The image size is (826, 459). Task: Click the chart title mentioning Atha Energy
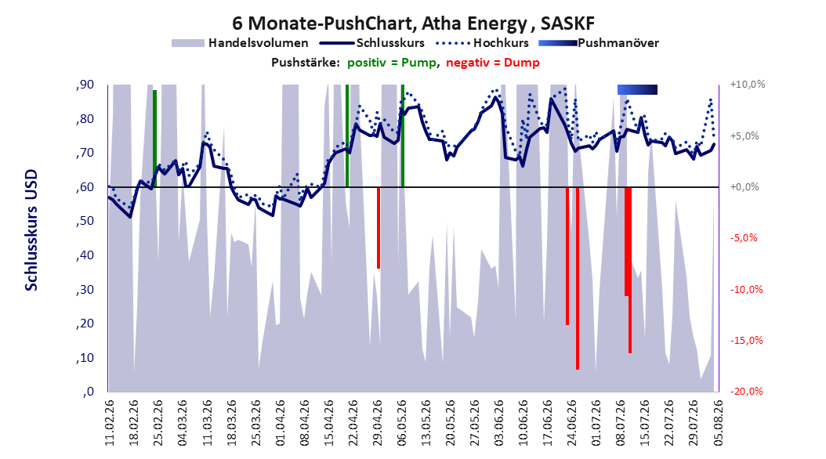tap(413, 23)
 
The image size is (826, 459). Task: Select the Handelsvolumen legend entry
tap(240, 43)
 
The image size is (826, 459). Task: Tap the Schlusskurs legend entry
tap(372, 43)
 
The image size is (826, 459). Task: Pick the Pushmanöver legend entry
tap(599, 43)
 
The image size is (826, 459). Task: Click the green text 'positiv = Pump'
tap(391, 63)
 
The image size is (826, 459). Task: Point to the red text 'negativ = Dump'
tap(493, 63)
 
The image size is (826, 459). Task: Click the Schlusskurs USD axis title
tap(31, 230)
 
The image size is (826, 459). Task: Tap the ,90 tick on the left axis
tap(85, 85)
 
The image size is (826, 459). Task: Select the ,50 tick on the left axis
tap(85, 221)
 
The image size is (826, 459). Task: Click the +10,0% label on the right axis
tap(748, 85)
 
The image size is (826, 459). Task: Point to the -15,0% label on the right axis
tap(746, 341)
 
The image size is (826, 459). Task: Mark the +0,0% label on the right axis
tap(744, 187)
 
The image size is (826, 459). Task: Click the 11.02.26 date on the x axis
tap(110, 423)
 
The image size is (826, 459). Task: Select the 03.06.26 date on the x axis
tap(499, 423)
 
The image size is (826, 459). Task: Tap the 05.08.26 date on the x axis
tap(718, 423)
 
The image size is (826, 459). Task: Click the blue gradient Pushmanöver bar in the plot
tap(637, 89)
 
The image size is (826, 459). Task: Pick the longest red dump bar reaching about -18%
tap(578, 278)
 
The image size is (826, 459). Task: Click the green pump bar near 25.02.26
tap(154, 139)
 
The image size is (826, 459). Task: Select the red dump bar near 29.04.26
tap(379, 228)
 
